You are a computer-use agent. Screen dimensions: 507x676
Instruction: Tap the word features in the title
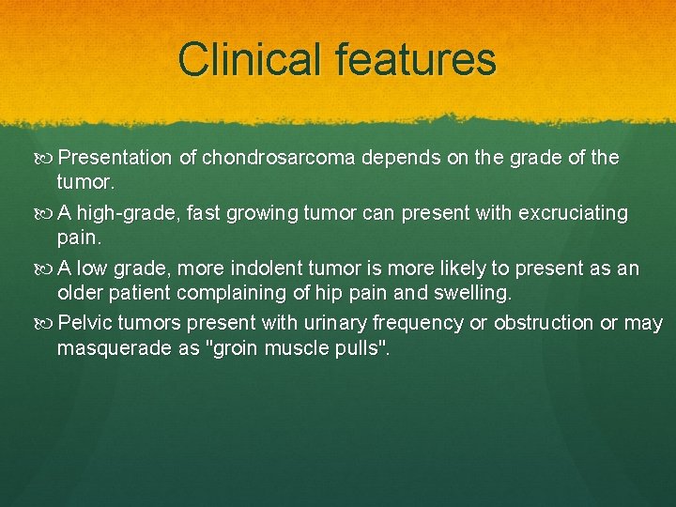click(409, 59)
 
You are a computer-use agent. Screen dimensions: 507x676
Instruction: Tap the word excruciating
click(571, 213)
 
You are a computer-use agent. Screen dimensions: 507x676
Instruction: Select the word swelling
click(473, 294)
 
